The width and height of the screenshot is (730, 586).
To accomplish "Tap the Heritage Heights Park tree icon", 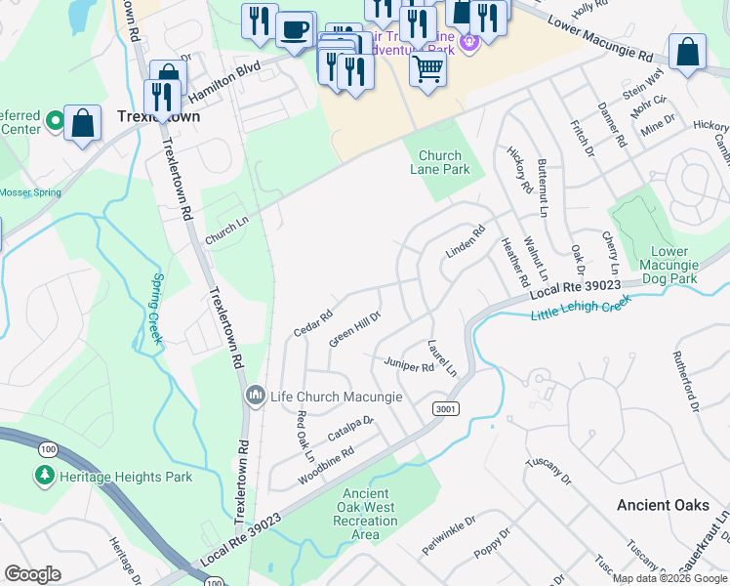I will pos(44,476).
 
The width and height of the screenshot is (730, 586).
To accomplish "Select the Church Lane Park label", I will pos(444,162).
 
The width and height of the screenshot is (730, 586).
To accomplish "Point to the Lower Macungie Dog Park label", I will pos(669,265).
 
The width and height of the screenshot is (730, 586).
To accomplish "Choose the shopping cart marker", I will pos(427,68).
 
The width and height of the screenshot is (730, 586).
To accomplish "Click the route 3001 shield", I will pos(443,408).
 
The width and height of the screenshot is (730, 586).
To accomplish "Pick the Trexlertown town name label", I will pos(157,115).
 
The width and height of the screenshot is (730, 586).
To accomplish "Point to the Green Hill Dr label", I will pos(354,329).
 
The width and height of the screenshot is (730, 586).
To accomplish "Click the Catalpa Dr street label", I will pos(351,427).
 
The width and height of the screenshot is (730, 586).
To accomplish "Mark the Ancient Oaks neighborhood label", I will pos(663,505).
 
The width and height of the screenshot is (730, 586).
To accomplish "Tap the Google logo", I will pos(32,574).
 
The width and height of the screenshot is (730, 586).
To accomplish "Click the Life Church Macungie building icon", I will pos(256,396).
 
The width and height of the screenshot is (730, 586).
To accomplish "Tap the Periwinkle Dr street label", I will pos(448,531).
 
